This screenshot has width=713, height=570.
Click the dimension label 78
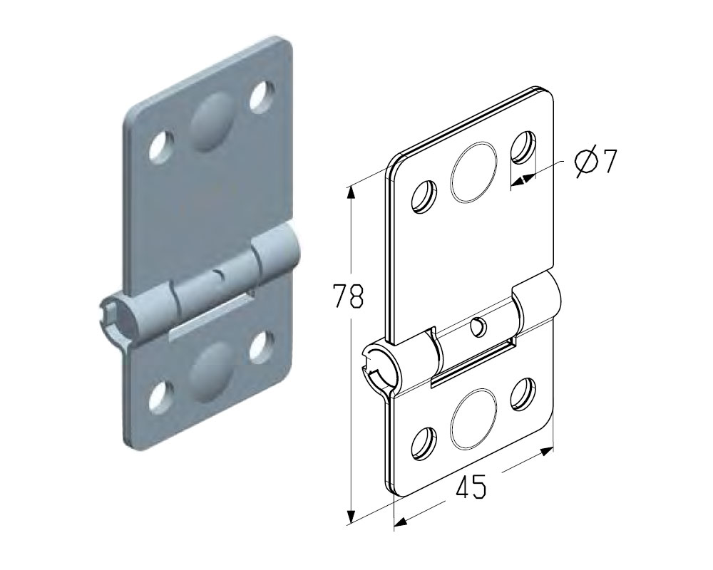(x=349, y=296)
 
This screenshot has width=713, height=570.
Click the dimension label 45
(x=471, y=486)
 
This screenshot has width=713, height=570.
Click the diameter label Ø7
(x=595, y=161)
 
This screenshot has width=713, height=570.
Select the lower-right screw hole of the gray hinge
(x=262, y=348)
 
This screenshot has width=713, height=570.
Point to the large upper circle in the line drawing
(x=473, y=172)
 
